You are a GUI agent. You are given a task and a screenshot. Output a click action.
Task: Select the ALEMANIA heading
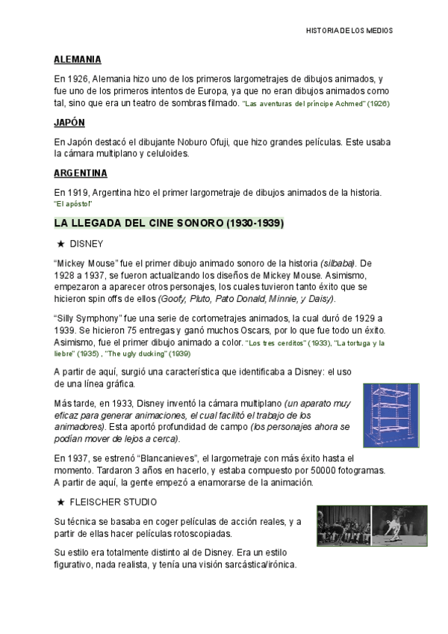pyautogui.click(x=78, y=59)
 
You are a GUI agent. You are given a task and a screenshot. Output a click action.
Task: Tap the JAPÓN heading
pyautogui.click(x=69, y=122)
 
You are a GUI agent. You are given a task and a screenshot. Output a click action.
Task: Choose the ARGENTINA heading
pyautogui.click(x=81, y=173)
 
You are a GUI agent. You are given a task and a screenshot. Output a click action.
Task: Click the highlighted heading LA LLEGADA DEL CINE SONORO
pyautogui.click(x=168, y=224)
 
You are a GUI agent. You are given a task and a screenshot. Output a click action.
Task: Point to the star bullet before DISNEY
pyautogui.click(x=60, y=244)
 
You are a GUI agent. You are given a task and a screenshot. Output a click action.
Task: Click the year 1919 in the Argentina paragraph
pyautogui.click(x=76, y=193)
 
